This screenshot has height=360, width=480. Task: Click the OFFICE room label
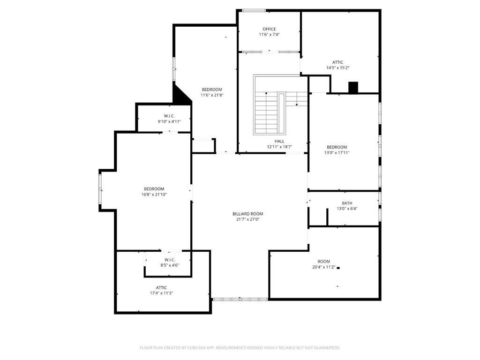pyautogui.click(x=269, y=29)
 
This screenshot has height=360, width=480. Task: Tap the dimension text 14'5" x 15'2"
pyautogui.click(x=337, y=68)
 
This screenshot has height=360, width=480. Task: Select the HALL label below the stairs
pyautogui.click(x=279, y=141)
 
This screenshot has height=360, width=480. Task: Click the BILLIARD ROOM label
pyautogui.click(x=247, y=214)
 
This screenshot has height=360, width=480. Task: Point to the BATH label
pyautogui.click(x=347, y=203)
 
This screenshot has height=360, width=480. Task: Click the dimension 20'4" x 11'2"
pyautogui.click(x=323, y=267)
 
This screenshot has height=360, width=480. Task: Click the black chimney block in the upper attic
pyautogui.click(x=353, y=88)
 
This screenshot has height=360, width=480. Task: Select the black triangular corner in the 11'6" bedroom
pyautogui.click(x=180, y=95)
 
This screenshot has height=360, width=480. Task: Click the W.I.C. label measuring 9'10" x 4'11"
pyautogui.click(x=169, y=116)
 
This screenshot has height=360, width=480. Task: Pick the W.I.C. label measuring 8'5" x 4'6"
pyautogui.click(x=169, y=260)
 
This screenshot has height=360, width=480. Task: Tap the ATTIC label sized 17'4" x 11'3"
pyautogui.click(x=161, y=288)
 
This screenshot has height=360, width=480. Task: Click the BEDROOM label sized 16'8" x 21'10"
pyautogui.click(x=154, y=189)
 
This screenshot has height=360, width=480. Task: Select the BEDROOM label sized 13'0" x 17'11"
pyautogui.click(x=337, y=147)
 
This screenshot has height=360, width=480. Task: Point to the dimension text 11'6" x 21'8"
pyautogui.click(x=212, y=95)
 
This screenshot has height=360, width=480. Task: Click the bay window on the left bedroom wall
pyautogui.click(x=100, y=188)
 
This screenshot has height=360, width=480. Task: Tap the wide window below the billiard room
pyautogui.click(x=240, y=299)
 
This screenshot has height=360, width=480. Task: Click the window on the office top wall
pyautogui.click(x=254, y=10)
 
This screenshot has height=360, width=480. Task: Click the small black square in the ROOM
pyautogui.click(x=338, y=268)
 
